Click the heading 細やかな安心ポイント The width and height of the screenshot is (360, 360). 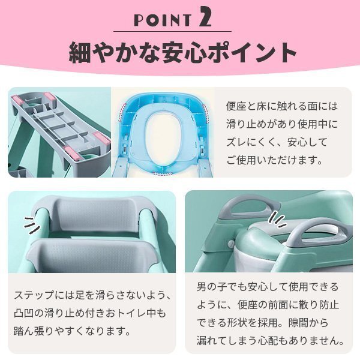[x=180, y=53]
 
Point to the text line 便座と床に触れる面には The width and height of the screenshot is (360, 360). [x=282, y=107]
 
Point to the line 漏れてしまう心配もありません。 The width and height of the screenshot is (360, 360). [x=270, y=341]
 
